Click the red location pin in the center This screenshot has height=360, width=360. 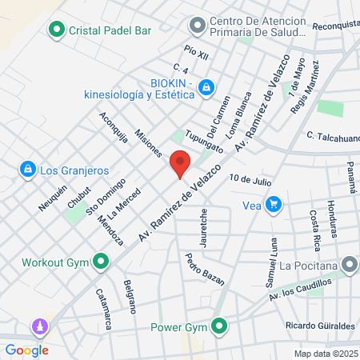180,163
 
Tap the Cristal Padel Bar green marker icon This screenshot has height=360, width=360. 57,31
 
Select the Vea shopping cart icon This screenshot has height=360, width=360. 274,204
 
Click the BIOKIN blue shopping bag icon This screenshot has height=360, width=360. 206,86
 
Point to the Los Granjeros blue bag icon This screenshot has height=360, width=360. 28,170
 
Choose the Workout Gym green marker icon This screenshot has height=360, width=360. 101,262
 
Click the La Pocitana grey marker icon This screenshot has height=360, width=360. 350,264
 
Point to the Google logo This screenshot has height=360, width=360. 26,350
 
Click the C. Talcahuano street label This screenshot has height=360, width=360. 332,137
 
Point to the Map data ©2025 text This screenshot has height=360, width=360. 325,354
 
